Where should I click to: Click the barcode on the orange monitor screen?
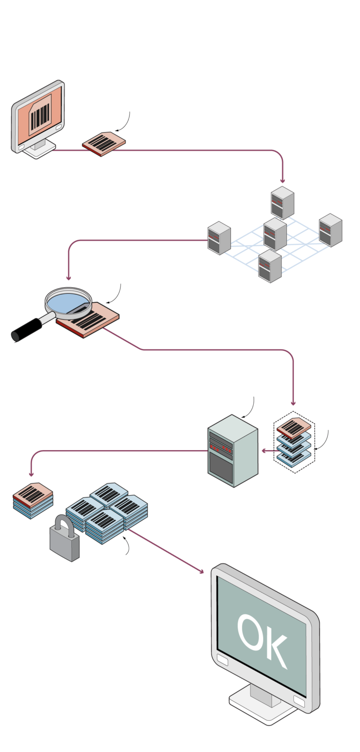[40, 115]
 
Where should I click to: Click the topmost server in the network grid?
[283, 203]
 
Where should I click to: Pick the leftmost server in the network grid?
[219, 238]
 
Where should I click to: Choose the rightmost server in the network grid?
[331, 230]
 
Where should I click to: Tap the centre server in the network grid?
[275, 234]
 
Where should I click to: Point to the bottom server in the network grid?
[270, 266]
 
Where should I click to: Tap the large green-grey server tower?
[233, 451]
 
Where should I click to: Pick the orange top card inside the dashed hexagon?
[294, 427]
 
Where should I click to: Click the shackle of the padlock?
[62, 523]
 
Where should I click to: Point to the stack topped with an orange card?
[33, 500]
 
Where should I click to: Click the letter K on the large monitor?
[277, 650]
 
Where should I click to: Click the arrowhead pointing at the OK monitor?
[200, 571]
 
